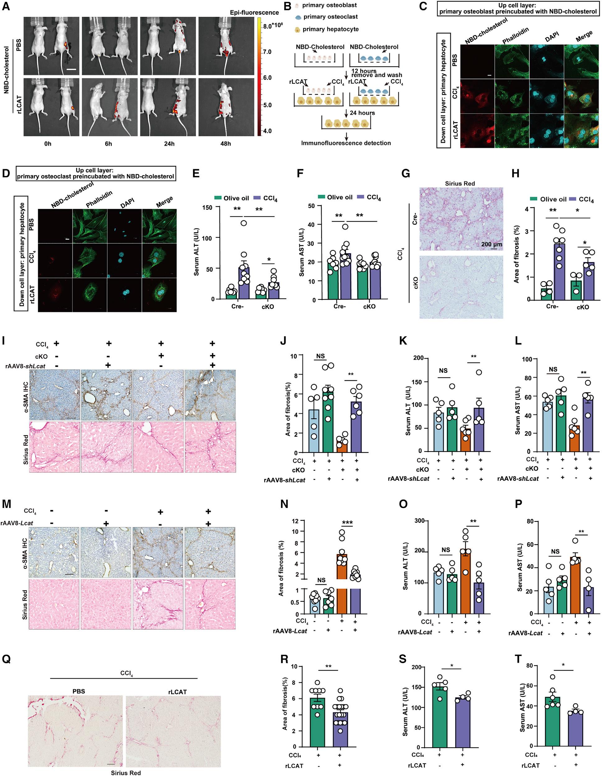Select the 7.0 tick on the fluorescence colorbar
tap(267, 52)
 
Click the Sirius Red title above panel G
tap(460, 184)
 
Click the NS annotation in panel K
tap(443, 371)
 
